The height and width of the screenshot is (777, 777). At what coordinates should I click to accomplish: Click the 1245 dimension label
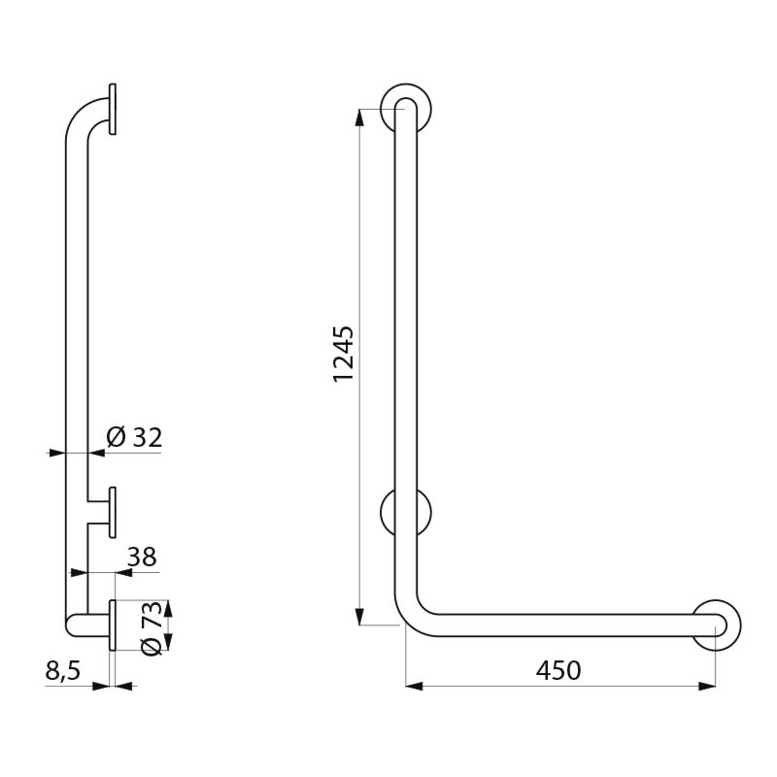[x=344, y=354]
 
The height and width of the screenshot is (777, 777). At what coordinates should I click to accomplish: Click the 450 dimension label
[x=557, y=670]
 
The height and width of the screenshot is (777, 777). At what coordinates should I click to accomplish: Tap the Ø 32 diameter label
[x=134, y=438]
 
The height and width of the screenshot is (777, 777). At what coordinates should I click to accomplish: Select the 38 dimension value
[x=142, y=557]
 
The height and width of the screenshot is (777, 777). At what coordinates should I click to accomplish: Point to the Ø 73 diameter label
[x=152, y=626]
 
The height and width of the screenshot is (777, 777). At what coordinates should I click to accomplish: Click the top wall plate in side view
[x=114, y=109]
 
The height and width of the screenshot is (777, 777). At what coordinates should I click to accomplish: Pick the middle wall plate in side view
[x=114, y=512]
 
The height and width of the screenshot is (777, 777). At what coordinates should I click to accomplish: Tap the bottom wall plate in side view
[x=114, y=625]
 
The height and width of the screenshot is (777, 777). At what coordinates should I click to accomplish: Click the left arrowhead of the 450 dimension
[x=414, y=687]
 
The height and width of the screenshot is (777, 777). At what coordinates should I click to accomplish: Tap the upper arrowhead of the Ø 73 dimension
[x=167, y=609]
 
